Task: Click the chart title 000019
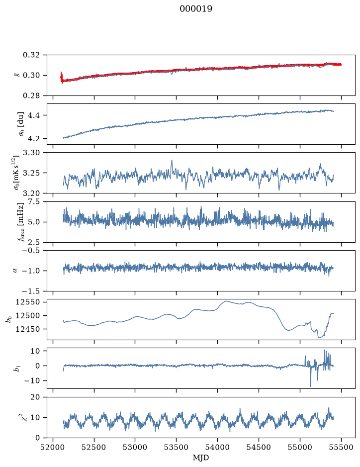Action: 195,8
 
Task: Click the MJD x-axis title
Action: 201,458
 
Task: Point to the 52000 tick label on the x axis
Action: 53,447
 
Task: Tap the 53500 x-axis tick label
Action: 177,447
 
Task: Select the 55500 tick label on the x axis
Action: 341,447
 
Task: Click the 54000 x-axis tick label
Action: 217,447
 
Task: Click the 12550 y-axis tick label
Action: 28,302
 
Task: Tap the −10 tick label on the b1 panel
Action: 31,380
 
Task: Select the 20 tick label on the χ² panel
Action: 35,397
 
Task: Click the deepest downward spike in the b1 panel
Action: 311,386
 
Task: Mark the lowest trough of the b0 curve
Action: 319,338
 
